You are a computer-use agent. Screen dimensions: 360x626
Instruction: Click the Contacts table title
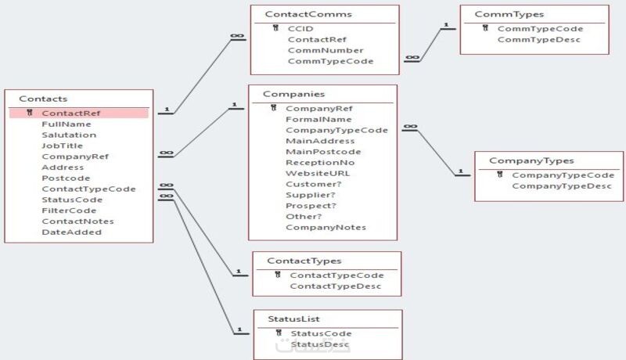tap(43, 99)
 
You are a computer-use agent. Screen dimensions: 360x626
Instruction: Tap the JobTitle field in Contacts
tap(62, 146)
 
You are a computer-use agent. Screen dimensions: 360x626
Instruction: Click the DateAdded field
tap(71, 232)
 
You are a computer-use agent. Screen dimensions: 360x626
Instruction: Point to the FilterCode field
tap(69, 211)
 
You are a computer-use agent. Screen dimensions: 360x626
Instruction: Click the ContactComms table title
tap(308, 14)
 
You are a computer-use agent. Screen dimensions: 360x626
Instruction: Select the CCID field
tap(300, 28)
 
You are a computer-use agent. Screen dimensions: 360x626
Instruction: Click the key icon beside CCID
tap(276, 28)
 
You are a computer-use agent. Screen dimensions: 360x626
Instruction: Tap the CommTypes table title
tap(509, 14)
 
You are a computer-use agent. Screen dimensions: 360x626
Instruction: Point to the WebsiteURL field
tap(318, 173)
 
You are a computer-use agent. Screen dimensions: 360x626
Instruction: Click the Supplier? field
tap(311, 195)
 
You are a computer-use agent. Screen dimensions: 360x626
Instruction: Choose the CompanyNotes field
tap(326, 228)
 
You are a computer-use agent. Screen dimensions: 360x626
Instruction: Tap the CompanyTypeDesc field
tap(563, 186)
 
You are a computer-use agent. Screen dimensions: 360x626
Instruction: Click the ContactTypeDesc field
tap(335, 286)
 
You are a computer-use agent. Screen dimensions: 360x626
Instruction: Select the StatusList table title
tap(293, 319)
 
